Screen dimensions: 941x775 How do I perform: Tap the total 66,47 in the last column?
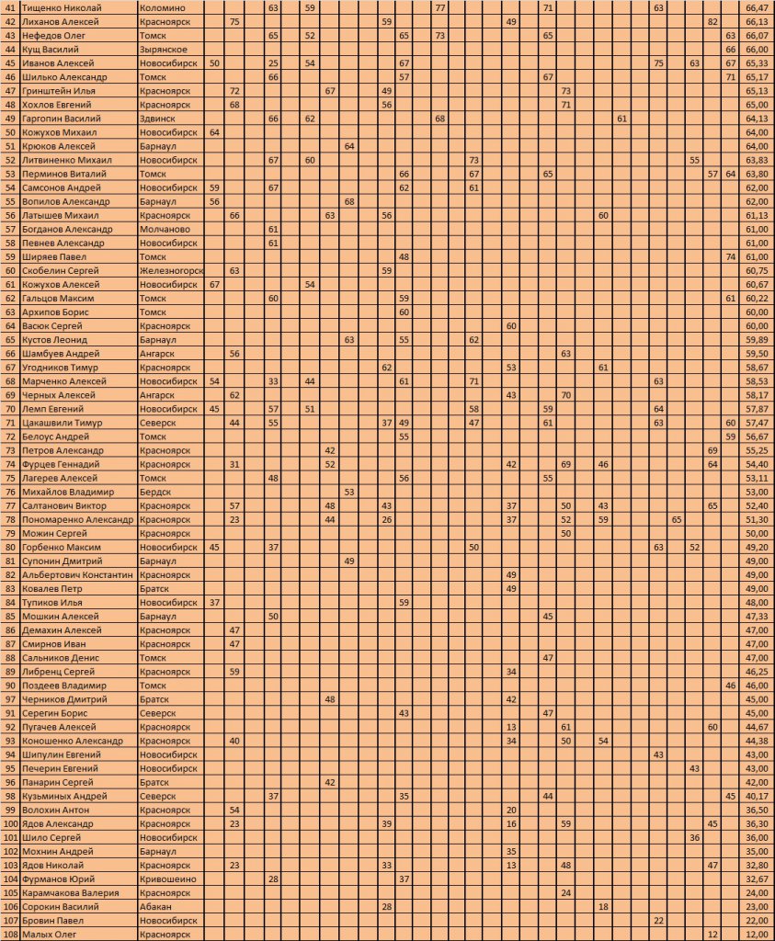(x=757, y=7)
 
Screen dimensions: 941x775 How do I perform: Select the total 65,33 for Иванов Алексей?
(x=757, y=62)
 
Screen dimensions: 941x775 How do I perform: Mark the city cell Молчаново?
(x=165, y=229)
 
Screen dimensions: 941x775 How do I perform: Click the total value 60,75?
(x=757, y=271)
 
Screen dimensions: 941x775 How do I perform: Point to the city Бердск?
(x=154, y=492)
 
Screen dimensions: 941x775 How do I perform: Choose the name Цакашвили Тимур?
(x=61, y=423)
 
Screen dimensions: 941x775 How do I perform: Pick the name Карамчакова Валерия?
(x=69, y=892)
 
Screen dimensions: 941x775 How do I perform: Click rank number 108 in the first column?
(x=9, y=935)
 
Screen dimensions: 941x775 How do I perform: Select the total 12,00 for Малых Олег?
(x=757, y=935)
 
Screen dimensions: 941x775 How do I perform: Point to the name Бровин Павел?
(x=52, y=920)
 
